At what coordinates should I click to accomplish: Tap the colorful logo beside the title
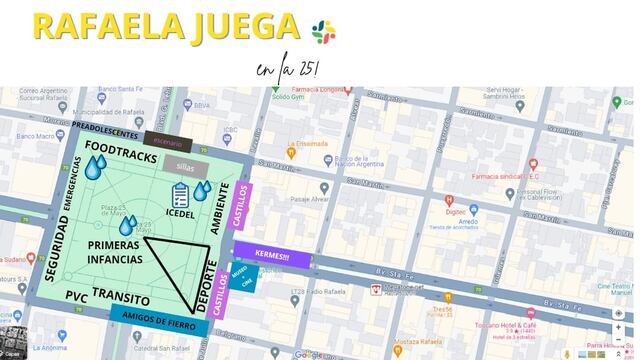click(323, 31)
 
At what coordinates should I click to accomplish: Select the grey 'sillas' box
click(184, 167)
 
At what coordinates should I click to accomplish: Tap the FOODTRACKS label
click(119, 146)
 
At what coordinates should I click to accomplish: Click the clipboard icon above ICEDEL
click(181, 195)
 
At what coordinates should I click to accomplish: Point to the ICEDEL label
click(181, 213)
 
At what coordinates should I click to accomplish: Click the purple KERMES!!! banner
click(272, 255)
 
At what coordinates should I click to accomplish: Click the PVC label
click(77, 297)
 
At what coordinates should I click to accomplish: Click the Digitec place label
click(455, 212)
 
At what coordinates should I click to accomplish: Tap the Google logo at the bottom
click(308, 354)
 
